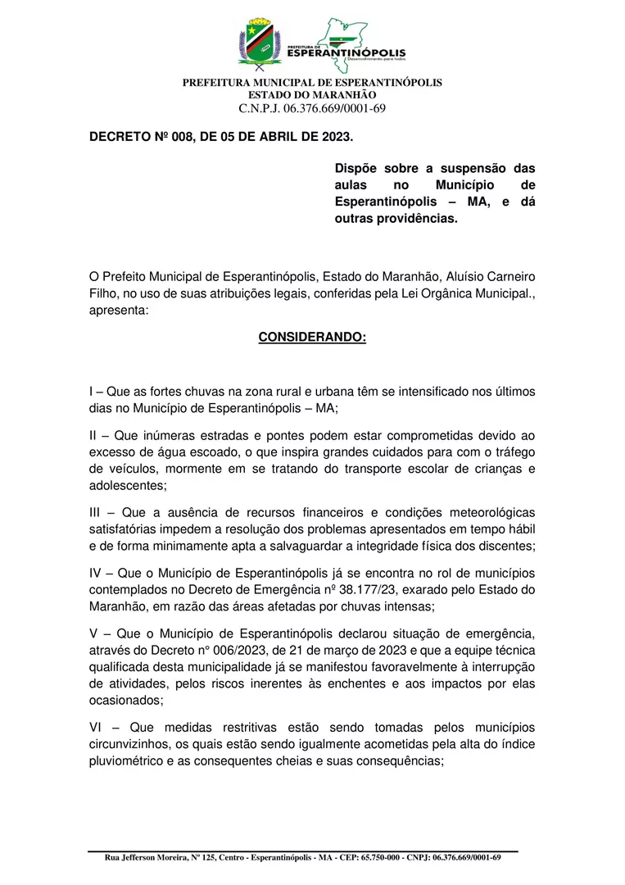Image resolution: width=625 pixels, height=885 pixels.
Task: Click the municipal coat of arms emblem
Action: click(260, 45)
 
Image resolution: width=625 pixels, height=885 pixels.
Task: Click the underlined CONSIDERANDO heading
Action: click(312, 338)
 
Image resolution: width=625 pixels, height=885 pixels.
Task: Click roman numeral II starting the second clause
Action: click(93, 435)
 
